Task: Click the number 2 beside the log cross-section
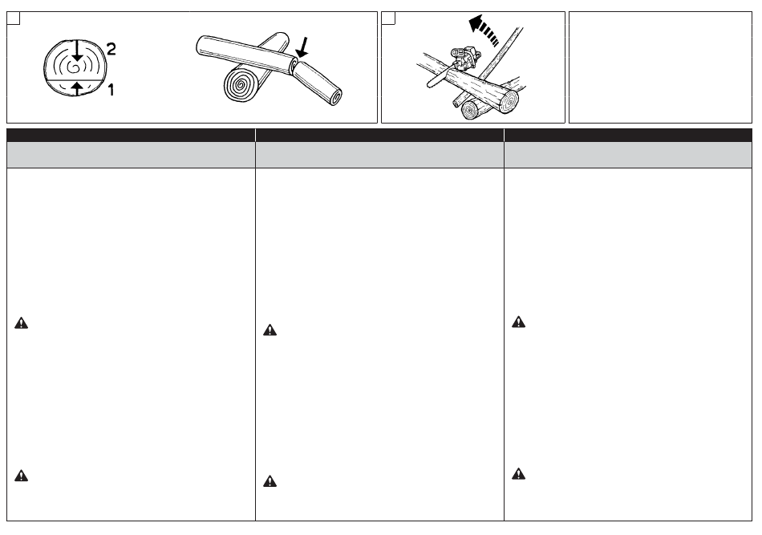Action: [x=111, y=49]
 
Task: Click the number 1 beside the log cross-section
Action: [x=111, y=89]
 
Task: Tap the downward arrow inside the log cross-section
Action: [x=77, y=51]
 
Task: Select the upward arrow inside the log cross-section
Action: [x=77, y=88]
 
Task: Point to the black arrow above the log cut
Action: [x=302, y=47]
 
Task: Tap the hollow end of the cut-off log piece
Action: [x=336, y=98]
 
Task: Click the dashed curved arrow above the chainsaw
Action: [x=483, y=30]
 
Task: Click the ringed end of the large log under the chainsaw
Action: [x=509, y=102]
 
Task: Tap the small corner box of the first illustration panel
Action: [x=13, y=18]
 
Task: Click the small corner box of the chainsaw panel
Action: [x=388, y=18]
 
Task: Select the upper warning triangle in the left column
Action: [x=22, y=323]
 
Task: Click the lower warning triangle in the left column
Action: [x=22, y=475]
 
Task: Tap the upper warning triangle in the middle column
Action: [x=270, y=330]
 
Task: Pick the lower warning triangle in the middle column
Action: [x=270, y=481]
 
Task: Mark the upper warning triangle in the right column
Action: [x=518, y=322]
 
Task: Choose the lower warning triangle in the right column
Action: [x=518, y=474]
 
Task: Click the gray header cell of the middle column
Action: [x=379, y=155]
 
